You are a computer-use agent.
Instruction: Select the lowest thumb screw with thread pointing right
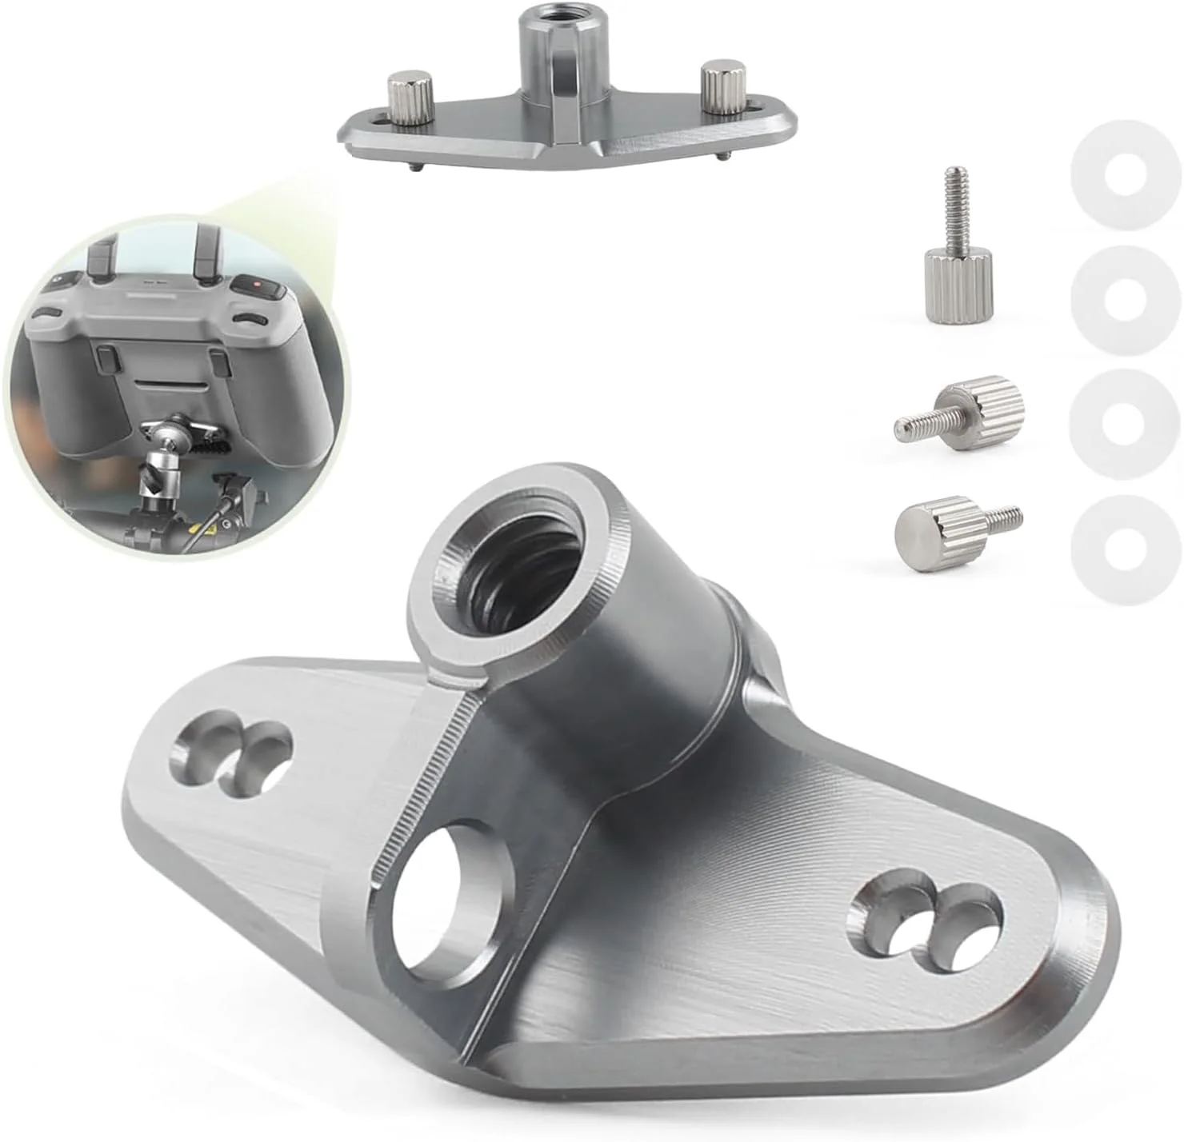(x=944, y=528)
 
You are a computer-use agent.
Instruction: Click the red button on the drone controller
(x=255, y=284)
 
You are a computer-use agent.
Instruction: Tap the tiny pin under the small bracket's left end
(x=416, y=166)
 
